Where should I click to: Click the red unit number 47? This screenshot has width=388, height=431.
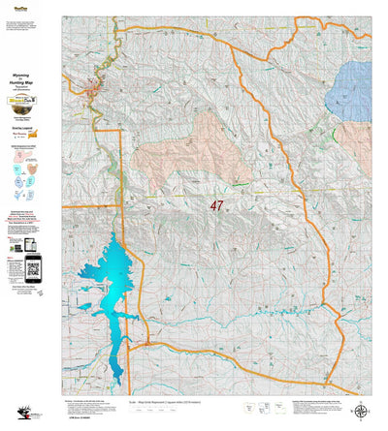[x=216, y=205]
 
